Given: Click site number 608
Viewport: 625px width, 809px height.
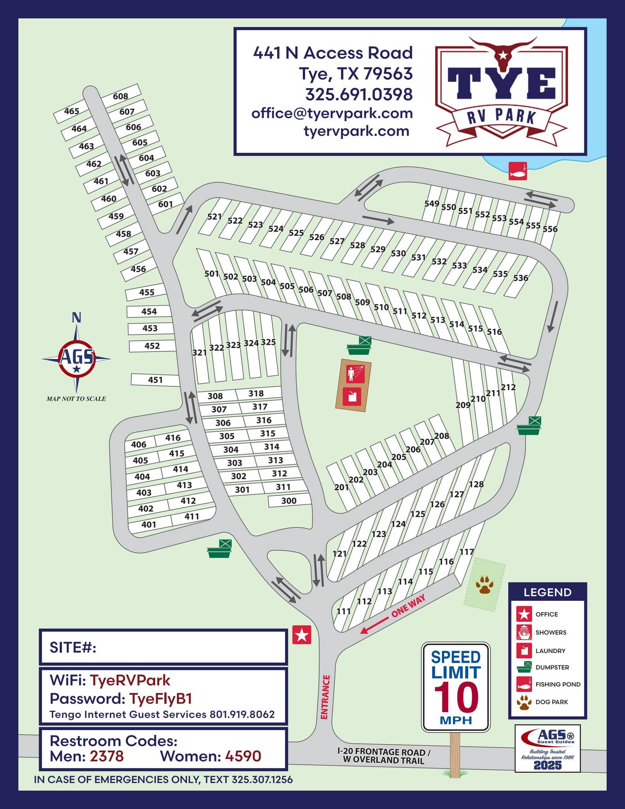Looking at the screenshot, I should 120,96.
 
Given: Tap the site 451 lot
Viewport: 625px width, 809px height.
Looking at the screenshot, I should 155,380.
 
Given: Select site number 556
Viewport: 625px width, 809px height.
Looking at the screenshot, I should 550,229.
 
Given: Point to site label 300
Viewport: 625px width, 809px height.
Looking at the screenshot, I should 289,501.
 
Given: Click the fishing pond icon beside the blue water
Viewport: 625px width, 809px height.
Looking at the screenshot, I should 518,171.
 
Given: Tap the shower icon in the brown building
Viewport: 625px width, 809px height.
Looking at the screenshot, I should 355,373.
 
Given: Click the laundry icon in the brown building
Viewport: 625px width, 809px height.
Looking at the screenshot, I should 352,396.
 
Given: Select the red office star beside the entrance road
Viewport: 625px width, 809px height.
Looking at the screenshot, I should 302,635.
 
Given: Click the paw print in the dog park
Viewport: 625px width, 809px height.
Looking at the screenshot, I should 484,585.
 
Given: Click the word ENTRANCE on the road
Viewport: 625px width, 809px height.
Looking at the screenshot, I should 325,697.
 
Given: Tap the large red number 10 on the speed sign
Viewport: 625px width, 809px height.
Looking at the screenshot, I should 456,698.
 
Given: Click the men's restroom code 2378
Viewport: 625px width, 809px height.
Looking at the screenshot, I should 107,756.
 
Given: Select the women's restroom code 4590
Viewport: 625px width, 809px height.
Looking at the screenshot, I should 243,756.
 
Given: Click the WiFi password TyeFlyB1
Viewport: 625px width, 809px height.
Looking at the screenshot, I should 161,698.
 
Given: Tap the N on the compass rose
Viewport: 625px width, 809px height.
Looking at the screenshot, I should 77,317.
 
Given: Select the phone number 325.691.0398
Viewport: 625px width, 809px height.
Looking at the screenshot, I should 359,94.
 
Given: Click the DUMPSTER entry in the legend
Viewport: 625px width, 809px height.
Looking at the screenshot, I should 552,667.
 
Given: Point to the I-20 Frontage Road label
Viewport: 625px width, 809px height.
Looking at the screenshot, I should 383,756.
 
